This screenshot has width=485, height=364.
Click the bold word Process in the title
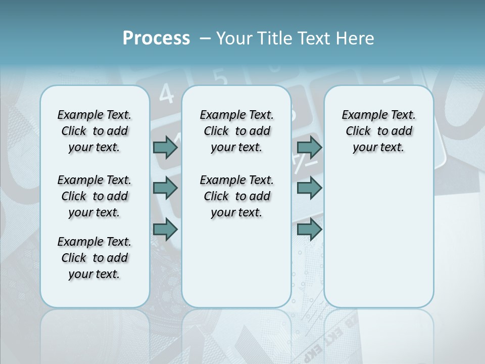[156, 38]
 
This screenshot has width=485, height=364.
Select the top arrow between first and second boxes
[165, 147]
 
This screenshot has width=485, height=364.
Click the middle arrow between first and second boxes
[165, 188]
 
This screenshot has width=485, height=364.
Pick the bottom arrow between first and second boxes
[165, 229]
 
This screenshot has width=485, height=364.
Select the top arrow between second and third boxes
[309, 147]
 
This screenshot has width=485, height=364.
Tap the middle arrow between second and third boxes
[309, 188]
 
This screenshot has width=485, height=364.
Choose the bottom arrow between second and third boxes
[309, 229]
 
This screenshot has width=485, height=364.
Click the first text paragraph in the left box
[94, 131]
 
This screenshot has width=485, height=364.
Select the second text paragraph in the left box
[94, 196]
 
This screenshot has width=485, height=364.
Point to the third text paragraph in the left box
[94, 258]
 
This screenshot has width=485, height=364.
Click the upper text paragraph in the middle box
[236, 131]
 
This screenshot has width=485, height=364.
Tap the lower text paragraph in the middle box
[236, 196]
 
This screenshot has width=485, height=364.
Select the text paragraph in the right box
[378, 131]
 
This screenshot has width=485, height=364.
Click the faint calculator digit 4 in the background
[166, 94]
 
